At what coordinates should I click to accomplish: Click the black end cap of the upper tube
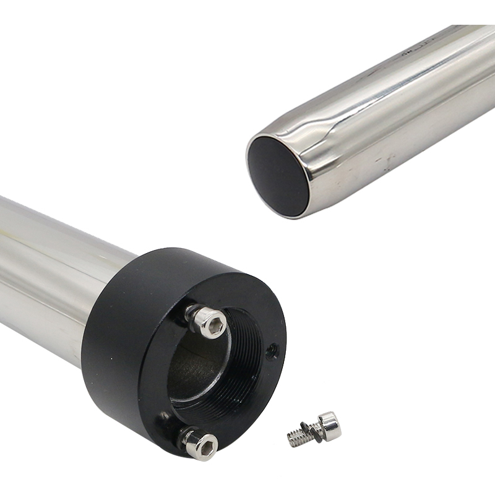click(278, 176)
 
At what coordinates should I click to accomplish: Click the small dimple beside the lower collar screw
click(164, 415)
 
